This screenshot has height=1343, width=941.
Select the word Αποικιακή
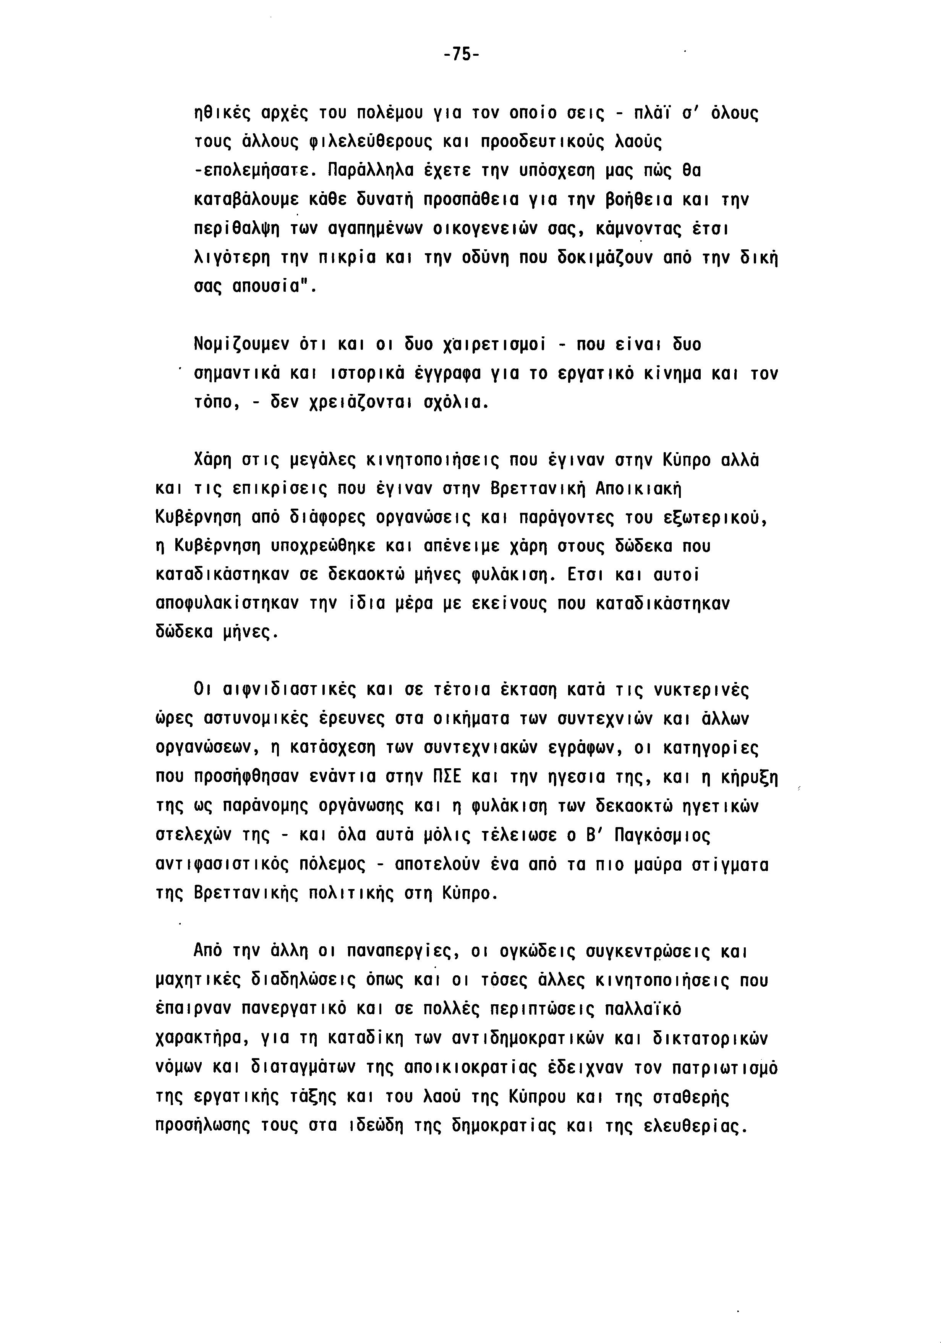coord(639,488)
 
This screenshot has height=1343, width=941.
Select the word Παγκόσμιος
coord(662,835)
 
